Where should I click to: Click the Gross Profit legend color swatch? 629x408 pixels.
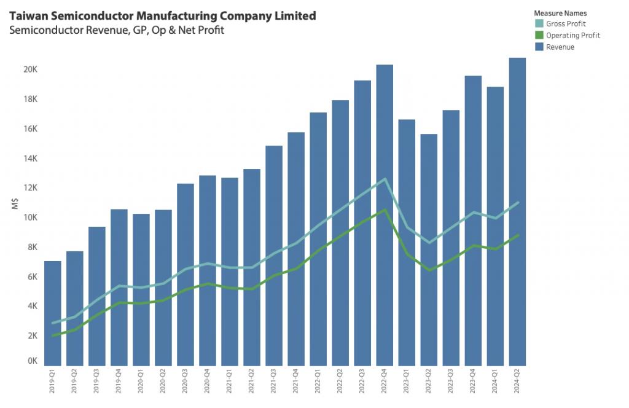coord(539,24)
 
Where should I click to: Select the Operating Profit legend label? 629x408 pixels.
coord(572,36)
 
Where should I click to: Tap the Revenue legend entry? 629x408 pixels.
coord(560,47)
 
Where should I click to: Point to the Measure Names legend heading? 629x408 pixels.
coord(560,13)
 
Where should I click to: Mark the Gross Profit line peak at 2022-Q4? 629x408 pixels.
coord(385,179)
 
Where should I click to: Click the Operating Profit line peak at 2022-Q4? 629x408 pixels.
coord(385,210)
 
